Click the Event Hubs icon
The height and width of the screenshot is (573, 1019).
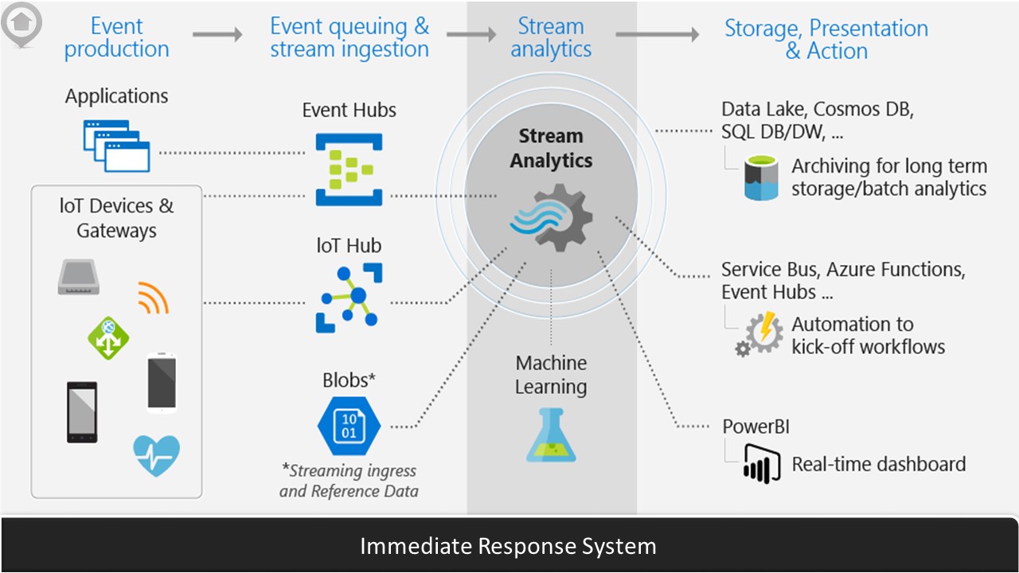point(349,170)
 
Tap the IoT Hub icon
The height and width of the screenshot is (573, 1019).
point(349,298)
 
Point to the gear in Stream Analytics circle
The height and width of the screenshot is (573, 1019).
point(552,217)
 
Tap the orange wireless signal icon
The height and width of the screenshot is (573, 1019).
point(153,298)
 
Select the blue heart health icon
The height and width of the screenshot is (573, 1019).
point(156,455)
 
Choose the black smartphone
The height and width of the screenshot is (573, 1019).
point(82,411)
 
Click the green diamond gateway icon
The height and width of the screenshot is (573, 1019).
point(108,337)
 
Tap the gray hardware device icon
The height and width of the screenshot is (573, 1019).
point(78,278)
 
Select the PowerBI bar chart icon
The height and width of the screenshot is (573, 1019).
point(760,463)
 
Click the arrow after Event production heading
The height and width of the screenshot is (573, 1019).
point(217,34)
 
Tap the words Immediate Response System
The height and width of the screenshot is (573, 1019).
point(508,547)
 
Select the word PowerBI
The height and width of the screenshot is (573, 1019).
point(755,427)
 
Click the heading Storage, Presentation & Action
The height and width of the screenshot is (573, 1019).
point(826,39)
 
